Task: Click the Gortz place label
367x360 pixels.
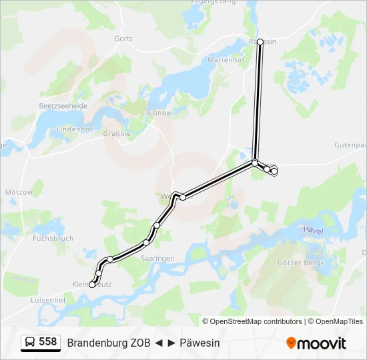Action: click(123, 39)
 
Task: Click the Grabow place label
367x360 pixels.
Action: click(117, 133)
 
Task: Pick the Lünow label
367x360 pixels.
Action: click(160, 113)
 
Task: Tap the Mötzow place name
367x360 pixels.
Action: click(19, 192)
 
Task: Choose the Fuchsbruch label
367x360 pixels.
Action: click(53, 238)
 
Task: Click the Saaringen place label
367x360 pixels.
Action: click(158, 258)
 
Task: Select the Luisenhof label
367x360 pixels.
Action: click(48, 301)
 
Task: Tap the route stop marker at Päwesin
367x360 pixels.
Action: click(260, 41)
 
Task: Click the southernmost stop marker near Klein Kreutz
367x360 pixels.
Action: click(92, 285)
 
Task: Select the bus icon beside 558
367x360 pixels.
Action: click(30, 342)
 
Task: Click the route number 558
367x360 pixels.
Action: click(48, 342)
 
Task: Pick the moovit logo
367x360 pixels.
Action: click(316, 343)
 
